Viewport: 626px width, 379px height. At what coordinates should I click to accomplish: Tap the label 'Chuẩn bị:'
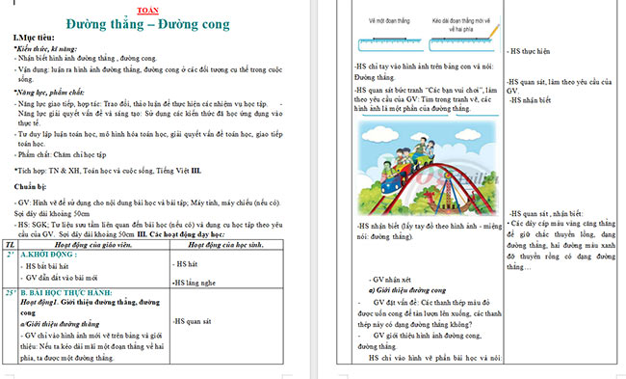pos(32,183)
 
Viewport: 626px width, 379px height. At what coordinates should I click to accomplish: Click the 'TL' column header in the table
pos(11,243)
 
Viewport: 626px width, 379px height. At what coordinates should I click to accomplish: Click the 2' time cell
pos(10,255)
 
